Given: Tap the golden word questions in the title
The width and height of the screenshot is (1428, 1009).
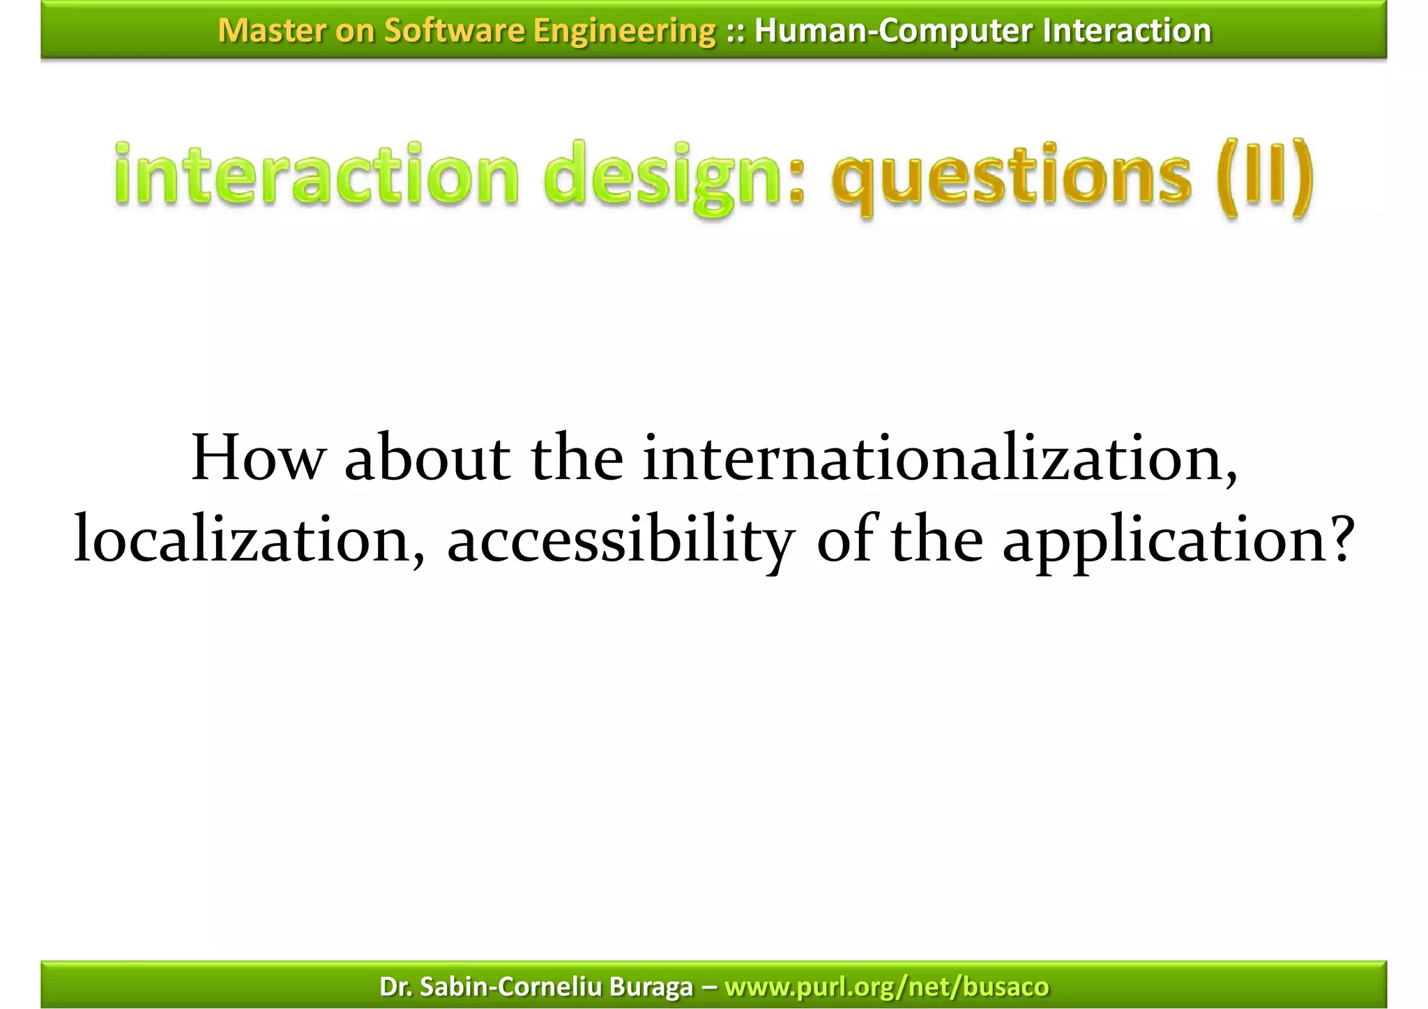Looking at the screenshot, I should pyautogui.click(x=1011, y=176).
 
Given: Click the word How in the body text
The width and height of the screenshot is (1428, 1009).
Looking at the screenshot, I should pyautogui.click(x=258, y=458).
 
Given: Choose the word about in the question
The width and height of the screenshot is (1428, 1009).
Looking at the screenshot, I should pyautogui.click(x=427, y=458).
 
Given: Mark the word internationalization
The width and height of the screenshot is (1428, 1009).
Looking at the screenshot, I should pyautogui.click(x=938, y=458).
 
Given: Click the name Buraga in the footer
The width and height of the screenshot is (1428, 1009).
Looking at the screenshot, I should pyautogui.click(x=651, y=986).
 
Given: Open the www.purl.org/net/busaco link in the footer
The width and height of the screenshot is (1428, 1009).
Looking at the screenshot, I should pyautogui.click(x=886, y=987).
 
